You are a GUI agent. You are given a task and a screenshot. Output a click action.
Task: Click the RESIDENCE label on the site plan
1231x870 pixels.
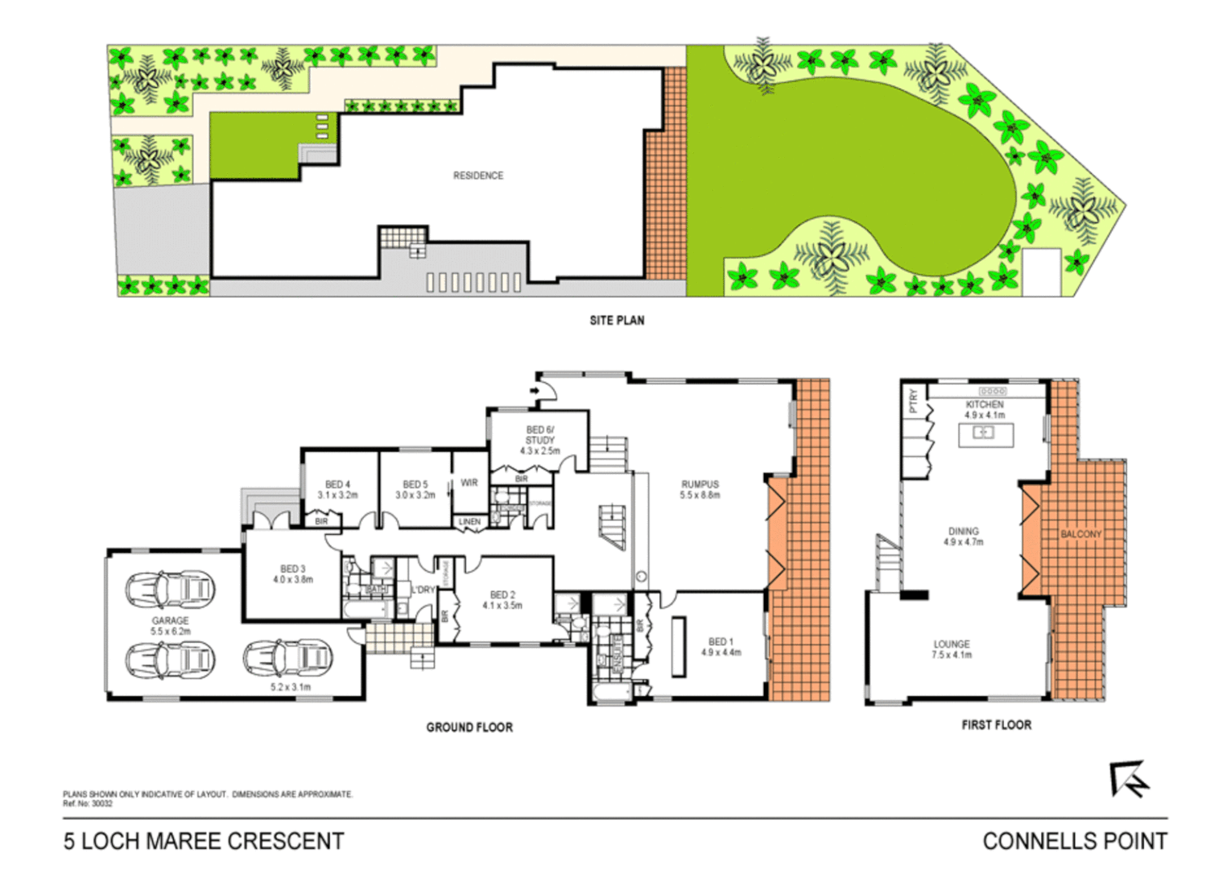[x=477, y=175]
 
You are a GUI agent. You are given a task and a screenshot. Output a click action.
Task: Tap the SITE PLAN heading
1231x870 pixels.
[x=617, y=320]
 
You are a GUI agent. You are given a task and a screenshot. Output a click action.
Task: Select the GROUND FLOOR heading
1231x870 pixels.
[x=469, y=727]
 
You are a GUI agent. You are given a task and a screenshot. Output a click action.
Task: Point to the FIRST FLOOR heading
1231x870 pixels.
[x=996, y=724]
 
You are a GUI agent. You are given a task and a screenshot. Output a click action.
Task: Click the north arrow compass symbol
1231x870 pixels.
[x=1129, y=779]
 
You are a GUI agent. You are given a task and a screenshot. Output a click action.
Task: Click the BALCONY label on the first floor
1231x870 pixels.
[x=1080, y=534]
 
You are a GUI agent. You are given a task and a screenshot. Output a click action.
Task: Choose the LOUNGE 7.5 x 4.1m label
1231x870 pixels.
[x=952, y=649]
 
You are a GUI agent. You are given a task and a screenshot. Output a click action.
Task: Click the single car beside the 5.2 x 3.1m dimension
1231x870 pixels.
[x=288, y=658]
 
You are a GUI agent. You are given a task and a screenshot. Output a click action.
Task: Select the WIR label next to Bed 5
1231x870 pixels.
[x=469, y=483]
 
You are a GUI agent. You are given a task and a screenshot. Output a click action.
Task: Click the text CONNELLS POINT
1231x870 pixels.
[x=1074, y=841]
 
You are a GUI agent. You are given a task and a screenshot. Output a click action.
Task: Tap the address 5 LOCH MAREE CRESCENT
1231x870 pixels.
[x=204, y=841]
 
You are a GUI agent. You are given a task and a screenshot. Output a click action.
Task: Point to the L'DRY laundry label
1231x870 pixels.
[x=423, y=590]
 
